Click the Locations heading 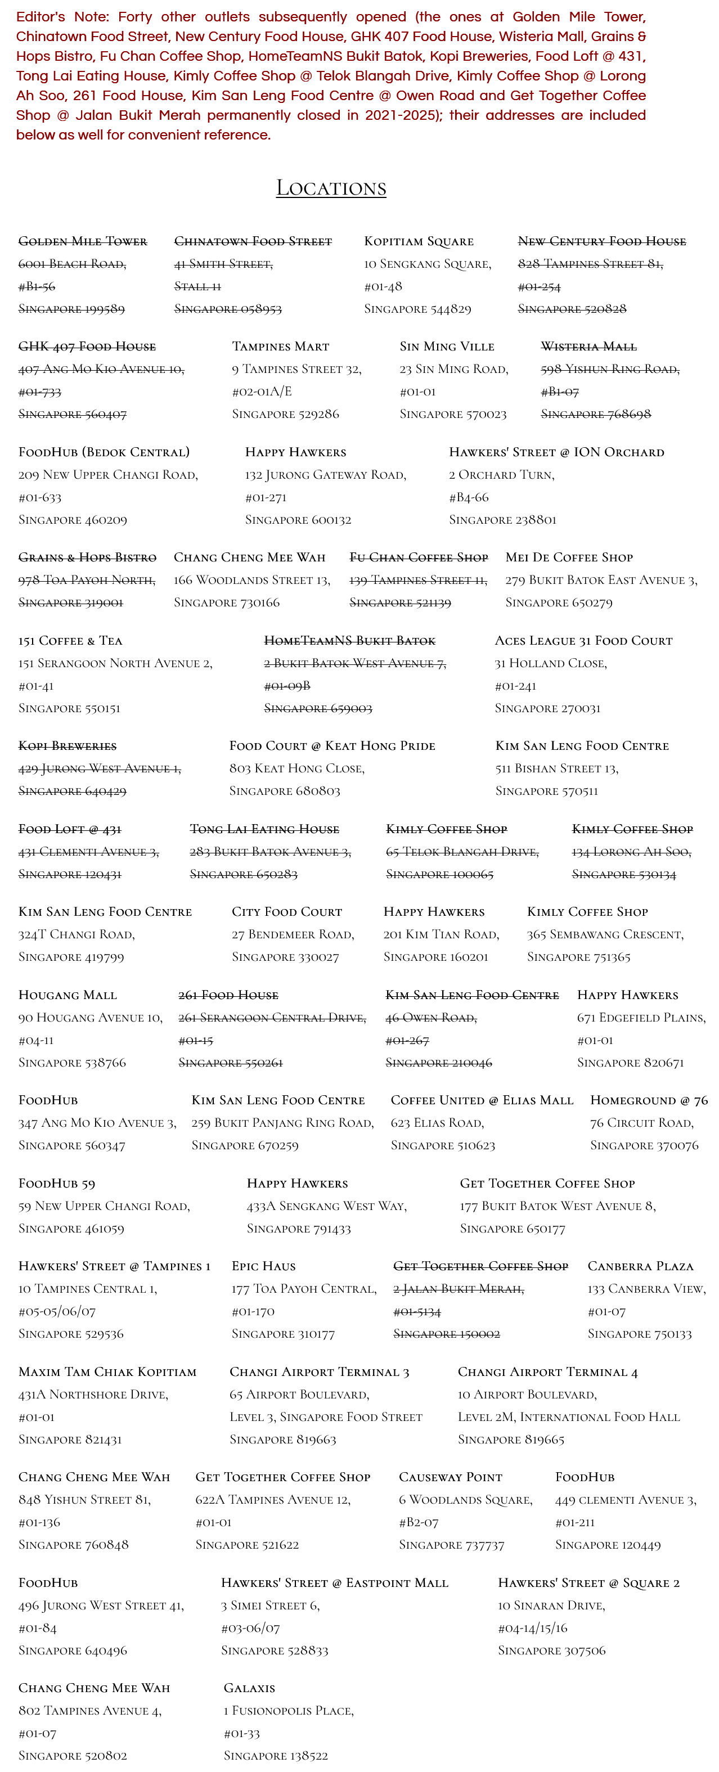pyautogui.click(x=331, y=188)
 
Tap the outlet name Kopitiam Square pyautogui.click(x=419, y=241)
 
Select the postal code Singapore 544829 pyautogui.click(x=417, y=309)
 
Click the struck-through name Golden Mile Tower pyautogui.click(x=83, y=241)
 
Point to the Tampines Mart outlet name pyautogui.click(x=280, y=347)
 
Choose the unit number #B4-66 pyautogui.click(x=469, y=497)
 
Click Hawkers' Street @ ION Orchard pyautogui.click(x=556, y=452)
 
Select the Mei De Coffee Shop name pyautogui.click(x=568, y=557)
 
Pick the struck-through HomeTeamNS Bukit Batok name pyautogui.click(x=349, y=640)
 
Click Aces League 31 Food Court pyautogui.click(x=583, y=640)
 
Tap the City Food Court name pyautogui.click(x=286, y=911)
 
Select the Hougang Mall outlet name pyautogui.click(x=68, y=995)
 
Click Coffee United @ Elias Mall pyautogui.click(x=482, y=1100)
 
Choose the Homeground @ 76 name pyautogui.click(x=648, y=1100)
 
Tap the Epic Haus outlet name pyautogui.click(x=263, y=1266)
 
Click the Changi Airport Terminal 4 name pyautogui.click(x=547, y=1371)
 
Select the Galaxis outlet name pyautogui.click(x=249, y=1688)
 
